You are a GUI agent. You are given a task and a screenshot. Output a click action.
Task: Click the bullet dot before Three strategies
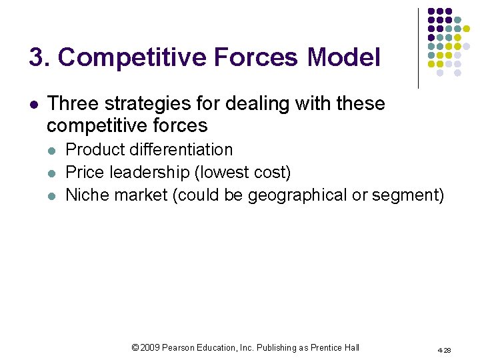point(34,105)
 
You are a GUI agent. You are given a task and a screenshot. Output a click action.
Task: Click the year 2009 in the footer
point(151,347)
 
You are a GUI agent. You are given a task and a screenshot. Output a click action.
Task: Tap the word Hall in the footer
point(352,347)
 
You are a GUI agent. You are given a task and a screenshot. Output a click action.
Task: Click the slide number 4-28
point(443,349)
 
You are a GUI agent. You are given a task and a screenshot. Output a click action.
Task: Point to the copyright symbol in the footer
point(136,347)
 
